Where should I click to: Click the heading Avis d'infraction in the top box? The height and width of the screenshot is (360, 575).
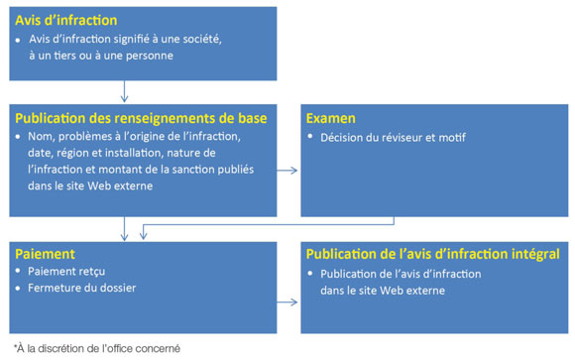coord(65,20)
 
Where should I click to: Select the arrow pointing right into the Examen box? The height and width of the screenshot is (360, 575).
coord(287,171)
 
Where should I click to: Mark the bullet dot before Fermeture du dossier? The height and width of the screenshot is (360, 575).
coord(20,290)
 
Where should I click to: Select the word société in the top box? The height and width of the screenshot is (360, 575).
coord(200,39)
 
